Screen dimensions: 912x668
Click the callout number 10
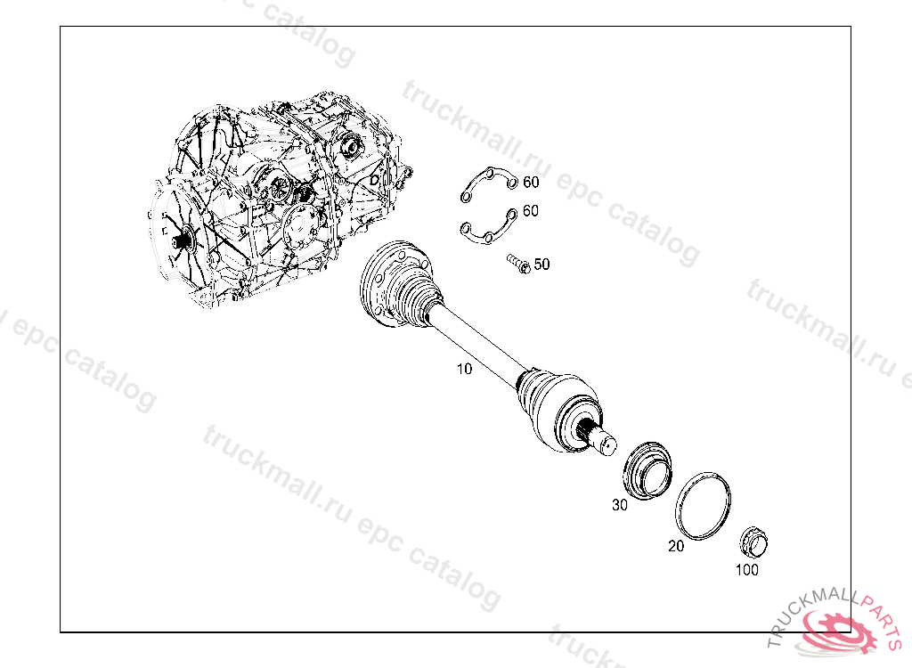pos(464,369)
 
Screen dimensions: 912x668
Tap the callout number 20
pos(676,546)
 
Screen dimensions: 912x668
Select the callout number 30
pos(620,505)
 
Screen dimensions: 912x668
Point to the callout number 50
pos(541,265)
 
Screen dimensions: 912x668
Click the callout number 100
pos(747,570)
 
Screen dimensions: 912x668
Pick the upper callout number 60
pos(531,182)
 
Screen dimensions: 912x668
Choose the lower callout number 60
pos(531,210)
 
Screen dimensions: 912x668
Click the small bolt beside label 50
pos(518,264)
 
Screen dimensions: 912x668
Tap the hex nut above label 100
pos(753,542)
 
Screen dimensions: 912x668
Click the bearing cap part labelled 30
pos(647,471)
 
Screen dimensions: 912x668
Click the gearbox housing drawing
pos(279,198)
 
